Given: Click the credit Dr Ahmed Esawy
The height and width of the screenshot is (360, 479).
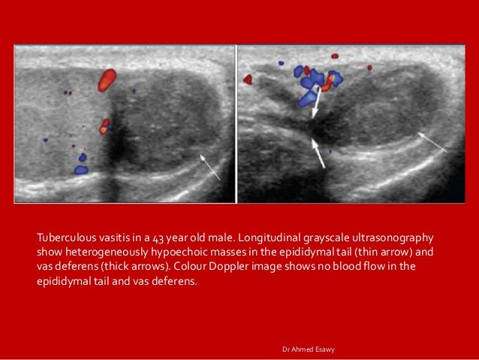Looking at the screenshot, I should point(309,349).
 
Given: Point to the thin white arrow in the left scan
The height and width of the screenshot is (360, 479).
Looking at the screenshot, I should point(210,168).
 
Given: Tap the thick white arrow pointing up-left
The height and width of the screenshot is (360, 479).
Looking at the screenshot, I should point(318,154).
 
